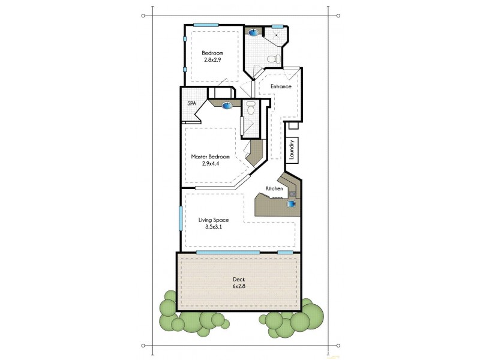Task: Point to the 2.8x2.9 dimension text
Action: (212, 61)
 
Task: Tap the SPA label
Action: (192, 103)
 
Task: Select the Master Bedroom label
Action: (210, 157)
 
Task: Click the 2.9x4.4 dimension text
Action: (210, 164)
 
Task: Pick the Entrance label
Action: (280, 86)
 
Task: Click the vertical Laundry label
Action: (291, 151)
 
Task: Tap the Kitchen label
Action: (274, 189)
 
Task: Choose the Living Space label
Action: (214, 220)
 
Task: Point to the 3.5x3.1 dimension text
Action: (214, 228)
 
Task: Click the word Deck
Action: (239, 279)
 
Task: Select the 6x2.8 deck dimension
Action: (239, 287)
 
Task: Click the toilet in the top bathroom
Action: (274, 59)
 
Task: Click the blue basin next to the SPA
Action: (227, 106)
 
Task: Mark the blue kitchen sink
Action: (291, 204)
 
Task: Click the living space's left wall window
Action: (181, 218)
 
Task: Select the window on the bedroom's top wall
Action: (205, 25)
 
